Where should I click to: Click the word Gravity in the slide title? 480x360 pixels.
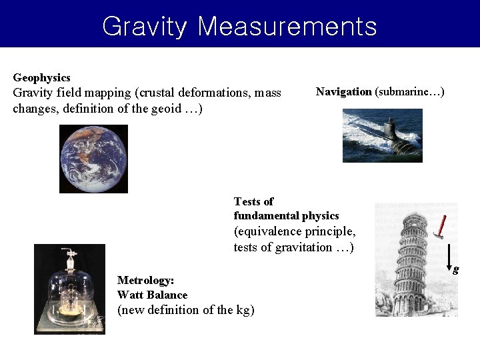coord(145,27)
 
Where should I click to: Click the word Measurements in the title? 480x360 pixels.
coord(287,27)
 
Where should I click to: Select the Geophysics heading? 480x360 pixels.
coord(41,78)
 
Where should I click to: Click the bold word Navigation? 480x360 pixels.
coord(343,91)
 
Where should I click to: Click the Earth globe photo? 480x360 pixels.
coord(93,159)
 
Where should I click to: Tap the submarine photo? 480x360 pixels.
coord(382,135)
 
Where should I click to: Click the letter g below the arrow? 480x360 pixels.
coord(455,270)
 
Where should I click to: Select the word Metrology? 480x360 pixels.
coord(145,281)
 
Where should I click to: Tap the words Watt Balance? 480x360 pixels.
coord(152,295)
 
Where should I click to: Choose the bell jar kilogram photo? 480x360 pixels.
coord(69,289)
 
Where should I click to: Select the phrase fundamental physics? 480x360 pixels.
coord(286,216)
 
